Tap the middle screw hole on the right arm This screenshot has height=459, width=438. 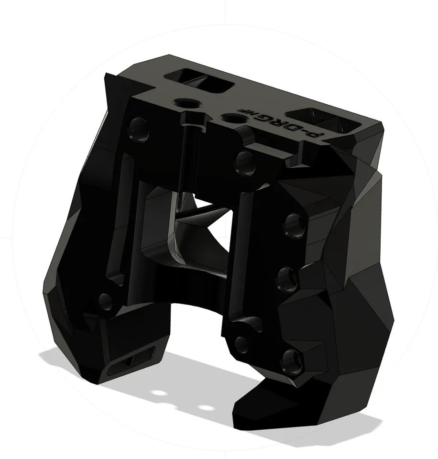click(x=288, y=278)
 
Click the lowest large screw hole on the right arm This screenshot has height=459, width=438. click(x=291, y=362)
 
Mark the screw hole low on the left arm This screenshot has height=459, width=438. click(x=106, y=302)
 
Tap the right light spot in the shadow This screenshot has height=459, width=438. click(x=206, y=408)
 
